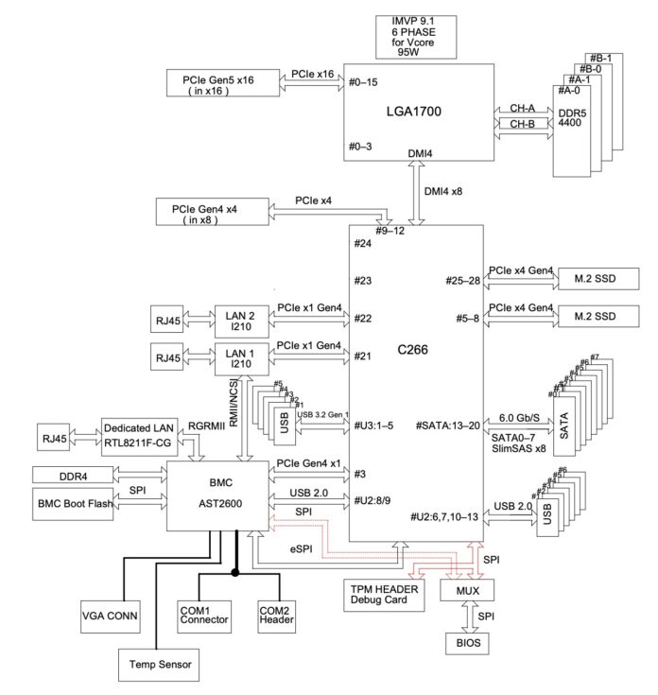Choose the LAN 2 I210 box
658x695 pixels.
tap(241, 318)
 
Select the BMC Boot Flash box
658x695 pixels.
tap(74, 504)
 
